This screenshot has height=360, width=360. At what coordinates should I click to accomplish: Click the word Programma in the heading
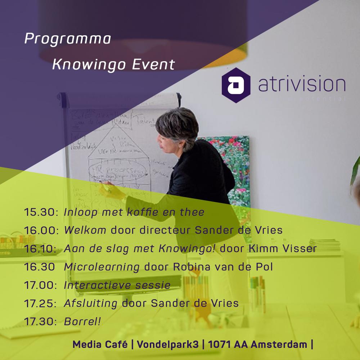point(67,39)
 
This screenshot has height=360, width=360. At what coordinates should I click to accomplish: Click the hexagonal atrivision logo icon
point(236,85)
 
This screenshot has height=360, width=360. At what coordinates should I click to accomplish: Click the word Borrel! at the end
point(82,322)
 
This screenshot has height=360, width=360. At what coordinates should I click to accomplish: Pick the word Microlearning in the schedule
point(102,267)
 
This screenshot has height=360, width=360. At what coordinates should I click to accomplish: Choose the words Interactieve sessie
point(117,285)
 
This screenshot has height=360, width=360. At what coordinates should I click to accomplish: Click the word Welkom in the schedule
point(85,230)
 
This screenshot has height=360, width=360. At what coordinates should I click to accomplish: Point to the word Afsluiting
point(91,303)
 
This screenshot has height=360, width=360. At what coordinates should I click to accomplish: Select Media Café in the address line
point(100,345)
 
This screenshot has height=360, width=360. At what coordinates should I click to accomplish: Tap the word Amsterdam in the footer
point(279,345)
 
